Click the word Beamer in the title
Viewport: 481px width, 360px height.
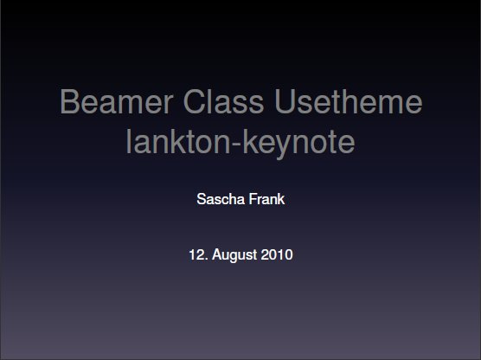pyautogui.click(x=117, y=101)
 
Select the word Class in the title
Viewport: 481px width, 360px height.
pyautogui.click(x=223, y=101)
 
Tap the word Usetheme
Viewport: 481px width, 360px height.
pyautogui.click(x=348, y=101)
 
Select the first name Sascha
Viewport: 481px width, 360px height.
pyautogui.click(x=221, y=199)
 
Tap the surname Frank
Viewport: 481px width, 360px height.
pyautogui.click(x=266, y=199)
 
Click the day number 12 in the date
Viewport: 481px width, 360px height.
pyautogui.click(x=196, y=254)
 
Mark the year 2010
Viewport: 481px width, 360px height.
pyautogui.click(x=277, y=254)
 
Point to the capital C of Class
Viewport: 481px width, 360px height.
pyautogui.click(x=195, y=101)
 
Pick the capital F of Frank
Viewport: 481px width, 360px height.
pyautogui.click(x=253, y=199)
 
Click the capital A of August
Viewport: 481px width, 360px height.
pyautogui.click(x=216, y=254)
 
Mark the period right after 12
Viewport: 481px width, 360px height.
pyautogui.click(x=205, y=259)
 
